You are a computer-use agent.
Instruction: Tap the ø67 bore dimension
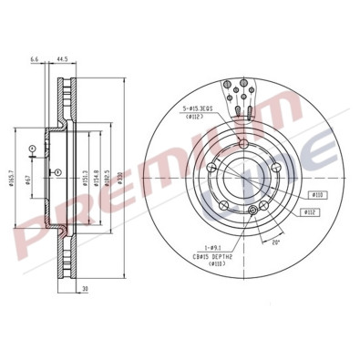29,175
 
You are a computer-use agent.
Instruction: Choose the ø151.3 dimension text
84,175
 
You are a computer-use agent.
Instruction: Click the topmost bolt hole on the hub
243,149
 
